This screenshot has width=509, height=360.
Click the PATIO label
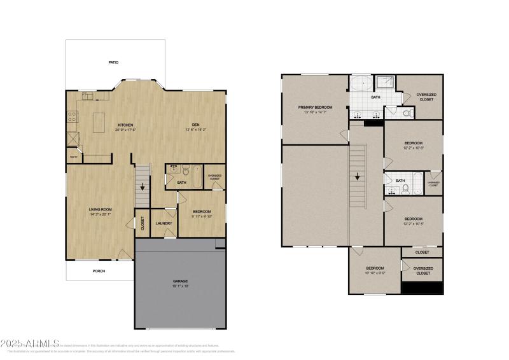[113, 62]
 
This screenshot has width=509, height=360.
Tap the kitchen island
[99, 122]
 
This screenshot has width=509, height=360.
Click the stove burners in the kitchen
[73, 117]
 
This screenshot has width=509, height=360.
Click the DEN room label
[196, 124]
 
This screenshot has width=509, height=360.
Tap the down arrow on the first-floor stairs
[143, 187]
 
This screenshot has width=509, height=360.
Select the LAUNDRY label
[164, 223]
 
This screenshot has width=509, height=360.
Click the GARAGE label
[180, 280]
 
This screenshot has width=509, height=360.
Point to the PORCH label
[99, 271]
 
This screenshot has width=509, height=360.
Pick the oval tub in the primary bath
[361, 84]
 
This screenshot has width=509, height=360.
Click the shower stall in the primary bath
[384, 83]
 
